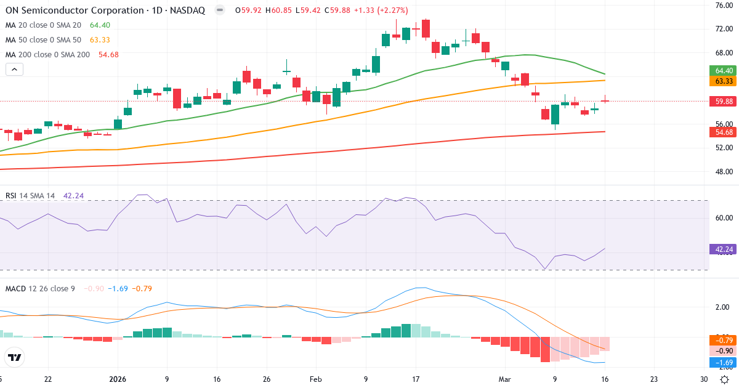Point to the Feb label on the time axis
pos(315,379)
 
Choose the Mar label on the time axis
pos(505,379)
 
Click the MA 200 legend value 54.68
pos(108,55)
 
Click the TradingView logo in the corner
pos(15,357)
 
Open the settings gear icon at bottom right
pos(725,379)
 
